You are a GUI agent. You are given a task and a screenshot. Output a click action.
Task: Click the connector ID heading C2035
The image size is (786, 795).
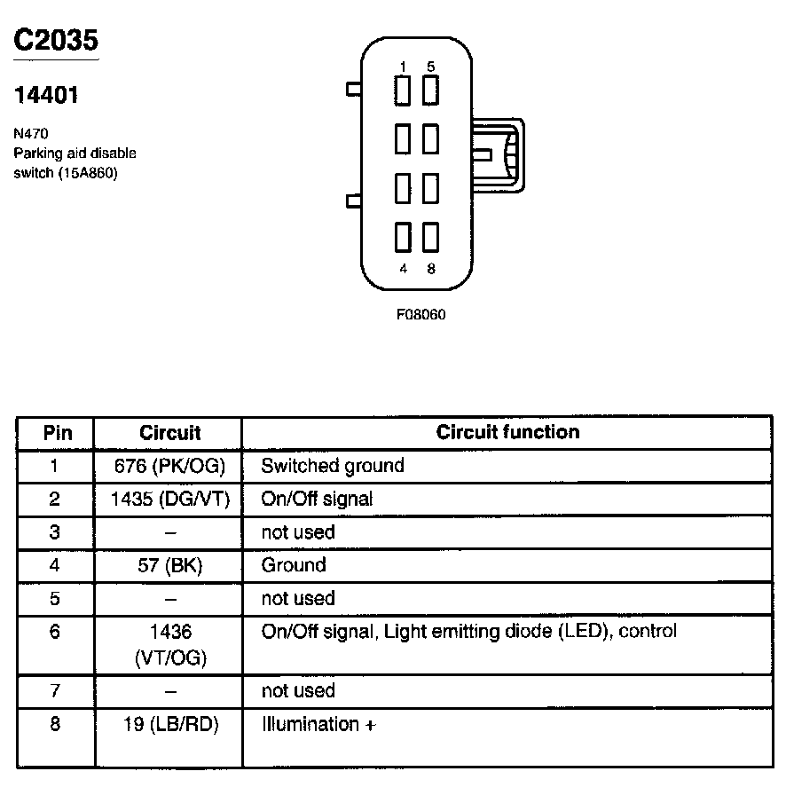(56, 40)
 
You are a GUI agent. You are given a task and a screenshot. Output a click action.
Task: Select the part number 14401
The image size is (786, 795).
(46, 95)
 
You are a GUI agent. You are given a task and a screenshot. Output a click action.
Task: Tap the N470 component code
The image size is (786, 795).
(30, 135)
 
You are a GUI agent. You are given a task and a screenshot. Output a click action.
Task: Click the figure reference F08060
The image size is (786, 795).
(421, 314)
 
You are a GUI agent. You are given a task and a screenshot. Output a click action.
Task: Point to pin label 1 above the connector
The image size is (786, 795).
(403, 67)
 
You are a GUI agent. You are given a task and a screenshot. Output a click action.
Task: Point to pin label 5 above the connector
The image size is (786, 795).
(430, 67)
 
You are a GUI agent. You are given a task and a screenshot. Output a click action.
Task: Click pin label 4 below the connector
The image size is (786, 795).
(403, 269)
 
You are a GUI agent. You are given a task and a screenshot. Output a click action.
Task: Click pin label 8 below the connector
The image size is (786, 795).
(431, 269)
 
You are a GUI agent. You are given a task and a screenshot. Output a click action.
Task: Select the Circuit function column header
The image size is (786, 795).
(507, 432)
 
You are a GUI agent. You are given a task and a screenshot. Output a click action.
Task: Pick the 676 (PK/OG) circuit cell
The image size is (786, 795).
(169, 466)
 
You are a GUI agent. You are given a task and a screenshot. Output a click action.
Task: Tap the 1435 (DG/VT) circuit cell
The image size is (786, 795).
(169, 499)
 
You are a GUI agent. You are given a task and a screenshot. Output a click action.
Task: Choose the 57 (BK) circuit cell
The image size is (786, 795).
(169, 565)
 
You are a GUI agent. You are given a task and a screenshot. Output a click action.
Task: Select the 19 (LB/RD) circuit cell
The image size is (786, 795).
(169, 724)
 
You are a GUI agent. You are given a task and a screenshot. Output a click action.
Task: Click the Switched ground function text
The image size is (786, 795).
(332, 466)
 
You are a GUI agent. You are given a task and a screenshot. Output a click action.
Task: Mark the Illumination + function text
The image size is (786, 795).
(318, 724)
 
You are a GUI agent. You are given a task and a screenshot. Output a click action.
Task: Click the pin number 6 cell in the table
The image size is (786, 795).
(55, 633)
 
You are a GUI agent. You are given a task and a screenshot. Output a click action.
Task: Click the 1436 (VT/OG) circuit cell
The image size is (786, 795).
(169, 644)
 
